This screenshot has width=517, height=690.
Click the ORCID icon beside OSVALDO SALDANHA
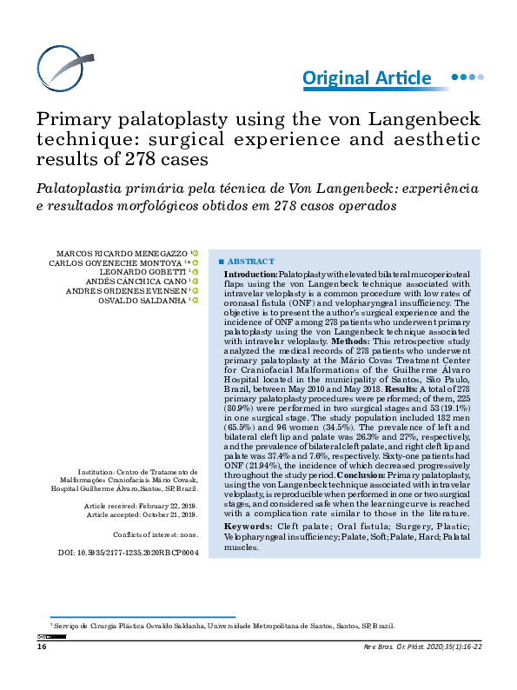196,300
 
